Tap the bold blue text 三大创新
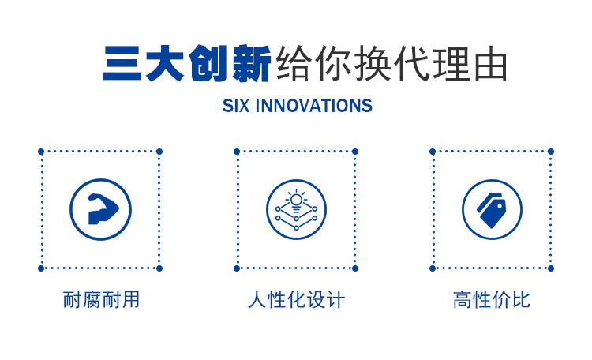coord(187,63)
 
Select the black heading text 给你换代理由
coord(392,63)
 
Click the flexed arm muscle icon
coord(103,209)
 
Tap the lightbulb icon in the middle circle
coord(296,201)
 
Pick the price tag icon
coord(491,211)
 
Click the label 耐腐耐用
coord(101,299)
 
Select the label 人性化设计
coord(296,299)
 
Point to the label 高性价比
coord(492,299)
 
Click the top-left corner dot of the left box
coord(41,152)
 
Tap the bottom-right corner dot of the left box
coord(159,268)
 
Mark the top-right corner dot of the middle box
coord(355,152)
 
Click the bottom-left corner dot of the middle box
coord(237,268)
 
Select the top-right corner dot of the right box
coord(551,152)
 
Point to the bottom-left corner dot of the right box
coord(433,268)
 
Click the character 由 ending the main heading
coord(490,64)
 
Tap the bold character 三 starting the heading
coord(122,63)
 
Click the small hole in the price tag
coord(500,206)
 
